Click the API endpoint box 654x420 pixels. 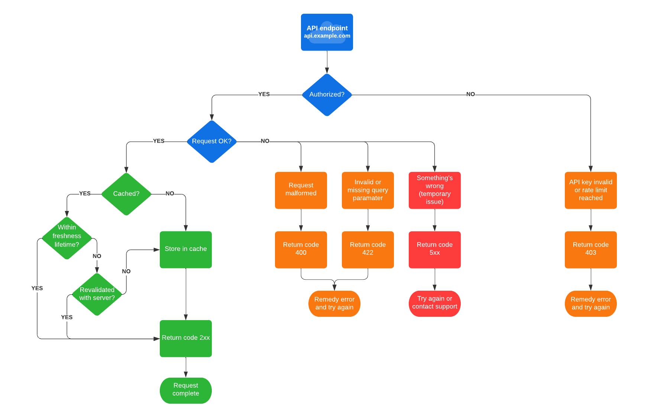327,32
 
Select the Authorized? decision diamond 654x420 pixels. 327,95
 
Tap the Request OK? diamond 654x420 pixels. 211,141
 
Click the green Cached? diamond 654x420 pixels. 126,194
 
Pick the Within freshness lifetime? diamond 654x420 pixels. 67,238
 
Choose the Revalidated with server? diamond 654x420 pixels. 97,294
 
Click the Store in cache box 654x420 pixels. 185,249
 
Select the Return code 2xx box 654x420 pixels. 185,338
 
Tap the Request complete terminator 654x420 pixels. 185,390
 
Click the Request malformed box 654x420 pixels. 301,190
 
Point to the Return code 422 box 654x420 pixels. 368,249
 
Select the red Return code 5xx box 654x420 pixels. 434,249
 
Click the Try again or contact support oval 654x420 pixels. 434,303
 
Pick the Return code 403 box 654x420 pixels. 590,249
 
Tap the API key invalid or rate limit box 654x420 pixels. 590,190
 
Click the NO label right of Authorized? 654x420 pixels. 470,94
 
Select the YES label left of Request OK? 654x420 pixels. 159,141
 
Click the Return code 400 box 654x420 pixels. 301,249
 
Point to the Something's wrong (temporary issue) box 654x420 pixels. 434,190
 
